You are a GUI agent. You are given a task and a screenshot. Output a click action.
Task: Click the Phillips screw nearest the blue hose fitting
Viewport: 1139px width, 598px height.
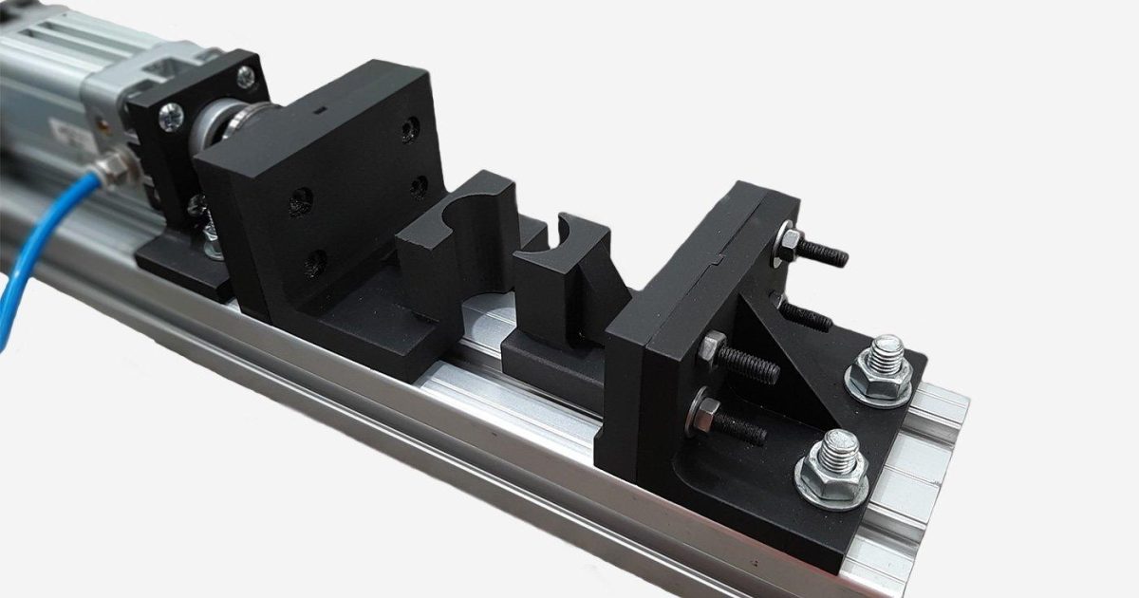click(x=172, y=117)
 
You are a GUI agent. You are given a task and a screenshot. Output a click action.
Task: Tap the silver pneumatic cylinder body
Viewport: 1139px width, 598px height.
click(x=47, y=76)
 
